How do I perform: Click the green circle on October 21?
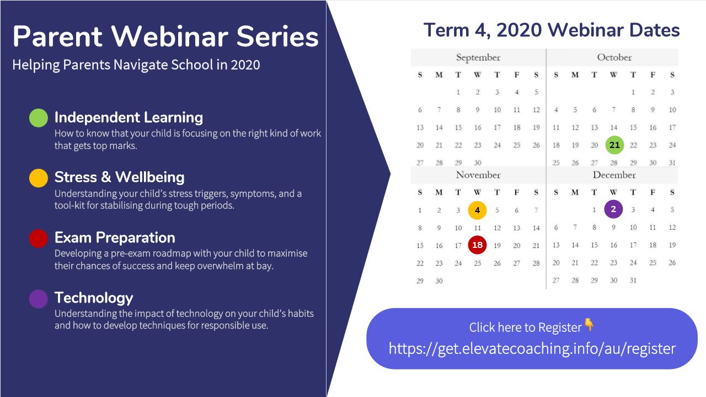click(614, 145)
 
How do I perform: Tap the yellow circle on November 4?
click(477, 210)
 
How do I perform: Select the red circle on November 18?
click(477, 245)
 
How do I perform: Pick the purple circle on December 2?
click(613, 209)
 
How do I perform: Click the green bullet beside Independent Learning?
click(39, 118)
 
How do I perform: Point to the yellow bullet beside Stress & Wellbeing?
click(39, 178)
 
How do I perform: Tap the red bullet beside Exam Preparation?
click(39, 239)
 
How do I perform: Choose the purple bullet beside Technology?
click(39, 299)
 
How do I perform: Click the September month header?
click(478, 58)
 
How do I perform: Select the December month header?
click(614, 175)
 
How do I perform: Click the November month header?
click(478, 175)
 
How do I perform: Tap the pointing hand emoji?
click(589, 325)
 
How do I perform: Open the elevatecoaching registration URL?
click(532, 349)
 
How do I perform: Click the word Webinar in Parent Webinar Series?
click(169, 36)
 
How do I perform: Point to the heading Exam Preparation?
click(115, 237)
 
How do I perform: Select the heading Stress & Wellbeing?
click(120, 177)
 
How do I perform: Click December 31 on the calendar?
click(633, 280)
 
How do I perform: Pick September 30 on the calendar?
click(478, 163)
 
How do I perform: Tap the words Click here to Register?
click(526, 327)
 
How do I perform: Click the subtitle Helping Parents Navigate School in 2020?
click(136, 65)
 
